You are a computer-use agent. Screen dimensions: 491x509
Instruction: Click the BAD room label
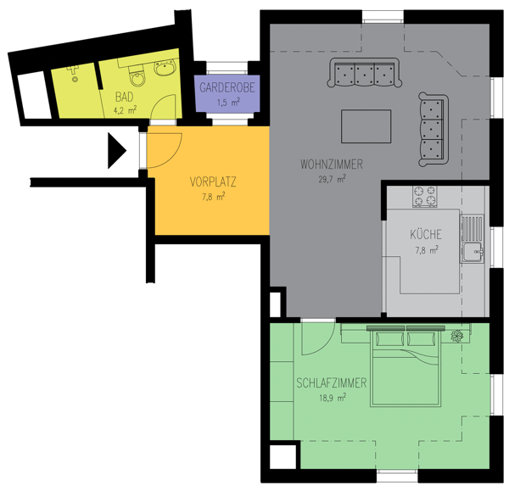[x=125, y=95]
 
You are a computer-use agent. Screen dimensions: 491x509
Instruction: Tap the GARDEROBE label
[x=225, y=88]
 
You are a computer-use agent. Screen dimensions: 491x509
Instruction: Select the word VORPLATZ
[x=213, y=181]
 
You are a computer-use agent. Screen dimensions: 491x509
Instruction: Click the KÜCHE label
[x=424, y=235]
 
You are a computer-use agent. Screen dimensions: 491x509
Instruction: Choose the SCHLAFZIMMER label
[x=332, y=383]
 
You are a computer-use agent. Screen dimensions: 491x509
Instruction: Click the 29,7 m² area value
[x=331, y=179]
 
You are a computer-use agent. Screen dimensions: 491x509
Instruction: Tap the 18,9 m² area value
[x=332, y=397]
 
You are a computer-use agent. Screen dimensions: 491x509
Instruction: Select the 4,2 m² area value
[x=125, y=109]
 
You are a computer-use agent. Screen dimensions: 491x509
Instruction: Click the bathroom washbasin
[x=162, y=75]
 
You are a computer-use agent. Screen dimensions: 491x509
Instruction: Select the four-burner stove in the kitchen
[x=423, y=197]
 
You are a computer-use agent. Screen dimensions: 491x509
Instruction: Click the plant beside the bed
[x=459, y=336]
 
